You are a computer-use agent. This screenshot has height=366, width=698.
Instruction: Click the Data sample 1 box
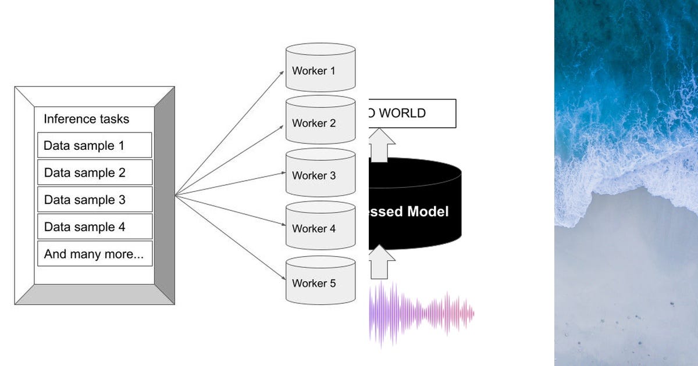[94, 145]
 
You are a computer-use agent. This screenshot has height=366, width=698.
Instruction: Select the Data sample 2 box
[94, 173]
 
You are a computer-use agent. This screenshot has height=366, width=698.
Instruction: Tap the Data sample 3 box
[94, 199]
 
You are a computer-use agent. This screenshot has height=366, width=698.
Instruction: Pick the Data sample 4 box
[94, 227]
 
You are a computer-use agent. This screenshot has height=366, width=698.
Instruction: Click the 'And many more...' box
[94, 254]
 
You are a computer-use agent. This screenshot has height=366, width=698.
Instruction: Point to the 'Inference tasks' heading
[86, 119]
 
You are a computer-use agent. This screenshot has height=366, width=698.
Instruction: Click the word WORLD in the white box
[403, 113]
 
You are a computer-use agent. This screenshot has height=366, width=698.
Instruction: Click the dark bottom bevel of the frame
[94, 295]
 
